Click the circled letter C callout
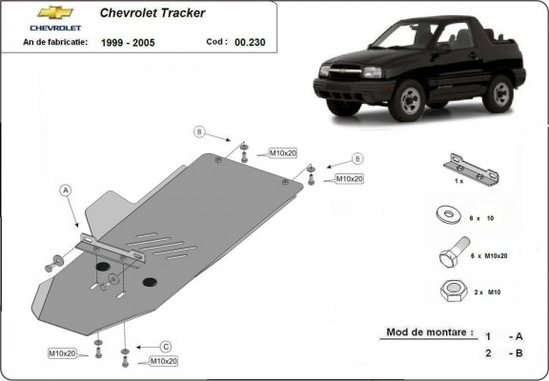(x=165, y=346)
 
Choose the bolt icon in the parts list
(x=451, y=253)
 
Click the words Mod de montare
(x=428, y=332)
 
